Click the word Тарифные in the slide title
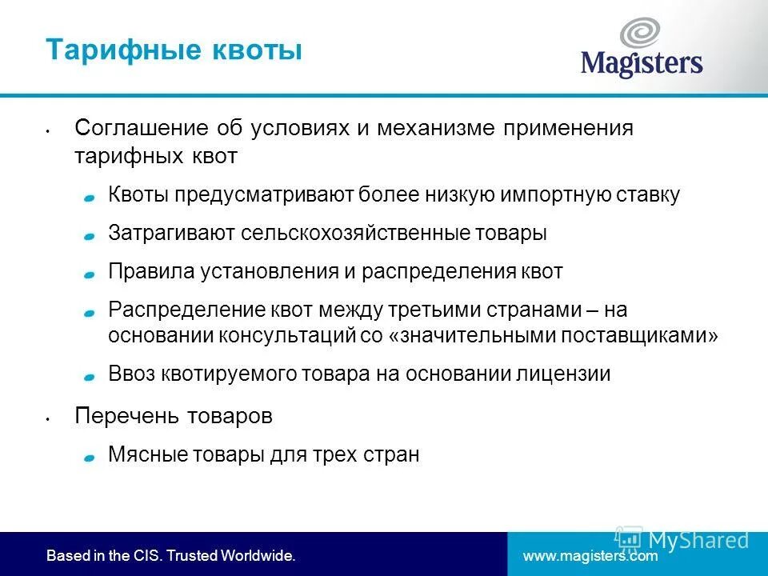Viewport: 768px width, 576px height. point(111,50)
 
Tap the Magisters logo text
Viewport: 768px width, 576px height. point(642,63)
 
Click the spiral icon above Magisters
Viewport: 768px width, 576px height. point(641,33)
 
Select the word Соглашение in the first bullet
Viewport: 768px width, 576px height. point(141,129)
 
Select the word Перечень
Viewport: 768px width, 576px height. point(129,416)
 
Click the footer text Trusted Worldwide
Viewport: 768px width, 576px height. point(230,554)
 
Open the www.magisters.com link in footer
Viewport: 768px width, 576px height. point(590,554)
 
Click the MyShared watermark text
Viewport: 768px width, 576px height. point(698,540)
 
